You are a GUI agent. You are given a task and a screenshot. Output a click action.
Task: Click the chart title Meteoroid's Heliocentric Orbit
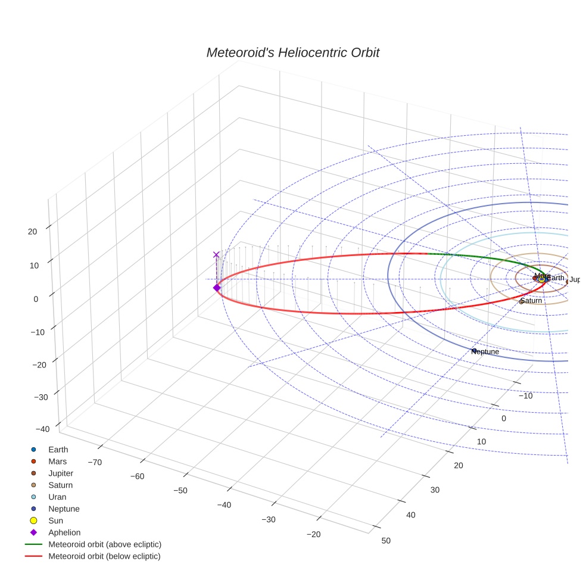[292, 52]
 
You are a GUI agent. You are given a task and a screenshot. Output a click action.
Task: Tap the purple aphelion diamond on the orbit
[217, 288]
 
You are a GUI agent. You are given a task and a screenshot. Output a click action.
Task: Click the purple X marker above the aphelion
[216, 254]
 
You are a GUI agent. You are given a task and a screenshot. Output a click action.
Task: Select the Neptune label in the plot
[485, 352]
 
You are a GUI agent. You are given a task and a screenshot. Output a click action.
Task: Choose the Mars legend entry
[57, 461]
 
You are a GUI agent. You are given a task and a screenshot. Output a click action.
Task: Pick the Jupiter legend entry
[61, 473]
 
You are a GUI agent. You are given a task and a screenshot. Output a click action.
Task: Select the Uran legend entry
[57, 497]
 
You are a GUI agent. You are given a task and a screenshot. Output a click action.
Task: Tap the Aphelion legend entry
[64, 532]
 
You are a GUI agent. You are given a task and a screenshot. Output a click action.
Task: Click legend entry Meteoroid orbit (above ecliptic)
[104, 544]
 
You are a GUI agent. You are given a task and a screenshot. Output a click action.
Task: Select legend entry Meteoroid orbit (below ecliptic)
[104, 556]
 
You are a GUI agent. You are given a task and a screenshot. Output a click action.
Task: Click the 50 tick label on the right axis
[386, 540]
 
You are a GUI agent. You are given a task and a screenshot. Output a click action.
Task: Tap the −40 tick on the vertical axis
[43, 429]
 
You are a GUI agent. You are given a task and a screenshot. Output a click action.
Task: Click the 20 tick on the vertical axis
[33, 232]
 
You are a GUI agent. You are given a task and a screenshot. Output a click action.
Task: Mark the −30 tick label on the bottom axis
[269, 519]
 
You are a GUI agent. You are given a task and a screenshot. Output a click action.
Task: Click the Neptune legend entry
[64, 509]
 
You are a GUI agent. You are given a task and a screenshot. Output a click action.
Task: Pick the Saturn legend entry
[60, 485]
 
